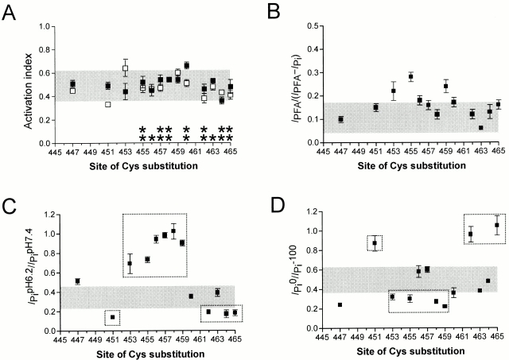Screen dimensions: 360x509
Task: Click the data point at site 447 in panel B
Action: click(340, 119)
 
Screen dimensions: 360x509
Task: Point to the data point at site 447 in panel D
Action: click(340, 304)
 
